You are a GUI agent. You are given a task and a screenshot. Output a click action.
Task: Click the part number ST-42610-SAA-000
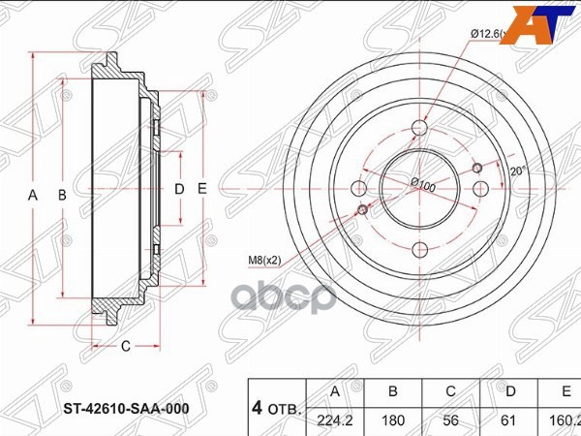tap(124, 408)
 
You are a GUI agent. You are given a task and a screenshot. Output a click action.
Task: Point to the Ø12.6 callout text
tap(488, 34)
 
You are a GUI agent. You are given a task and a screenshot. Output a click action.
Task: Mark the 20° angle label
tap(518, 171)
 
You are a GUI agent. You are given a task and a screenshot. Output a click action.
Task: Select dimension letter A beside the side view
tap(33, 195)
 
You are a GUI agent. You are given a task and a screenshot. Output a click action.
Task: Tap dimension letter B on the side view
tap(62, 195)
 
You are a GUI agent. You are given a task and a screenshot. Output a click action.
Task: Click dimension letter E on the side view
tap(202, 190)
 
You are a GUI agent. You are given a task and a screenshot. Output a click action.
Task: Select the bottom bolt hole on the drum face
tap(420, 249)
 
